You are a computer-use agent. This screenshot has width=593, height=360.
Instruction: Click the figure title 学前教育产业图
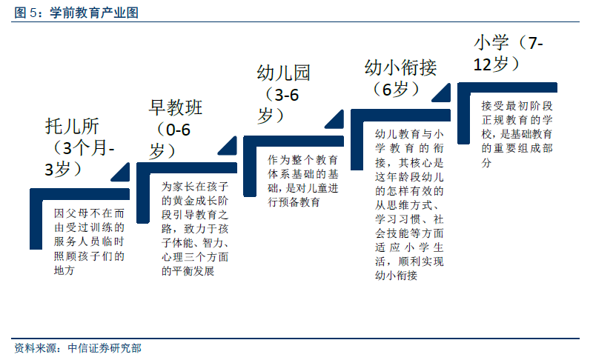[x=94, y=13]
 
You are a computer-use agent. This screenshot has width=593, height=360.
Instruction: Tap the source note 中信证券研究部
[x=105, y=348]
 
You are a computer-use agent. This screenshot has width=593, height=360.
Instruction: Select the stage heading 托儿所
[x=72, y=126]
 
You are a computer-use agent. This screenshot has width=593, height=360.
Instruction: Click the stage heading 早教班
[x=176, y=107]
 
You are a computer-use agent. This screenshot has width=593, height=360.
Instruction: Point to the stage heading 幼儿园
[x=284, y=73]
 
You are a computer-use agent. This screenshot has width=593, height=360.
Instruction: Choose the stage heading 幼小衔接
[x=400, y=67]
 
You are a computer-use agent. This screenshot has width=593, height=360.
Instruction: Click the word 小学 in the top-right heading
[x=491, y=43]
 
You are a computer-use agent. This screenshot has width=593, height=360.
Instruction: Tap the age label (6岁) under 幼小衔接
[x=396, y=90]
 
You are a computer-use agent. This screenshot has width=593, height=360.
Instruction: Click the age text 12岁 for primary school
[x=491, y=64]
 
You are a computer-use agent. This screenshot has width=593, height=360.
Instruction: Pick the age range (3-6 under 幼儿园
[x=282, y=94]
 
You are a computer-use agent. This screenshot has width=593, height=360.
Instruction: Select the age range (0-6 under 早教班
[x=173, y=130]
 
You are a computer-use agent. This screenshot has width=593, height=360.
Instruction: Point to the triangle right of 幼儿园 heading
[x=335, y=119]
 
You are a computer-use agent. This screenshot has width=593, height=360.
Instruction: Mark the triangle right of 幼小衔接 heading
[x=441, y=93]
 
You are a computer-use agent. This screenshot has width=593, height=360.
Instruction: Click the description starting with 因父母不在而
[x=89, y=241]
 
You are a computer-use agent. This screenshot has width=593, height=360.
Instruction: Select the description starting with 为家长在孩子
[x=195, y=229]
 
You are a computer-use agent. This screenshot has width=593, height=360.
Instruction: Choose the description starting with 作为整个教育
[x=303, y=181]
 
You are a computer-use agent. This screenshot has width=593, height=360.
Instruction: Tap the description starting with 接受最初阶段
[x=517, y=134]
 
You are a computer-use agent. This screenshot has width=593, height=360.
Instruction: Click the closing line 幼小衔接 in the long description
[x=396, y=276]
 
